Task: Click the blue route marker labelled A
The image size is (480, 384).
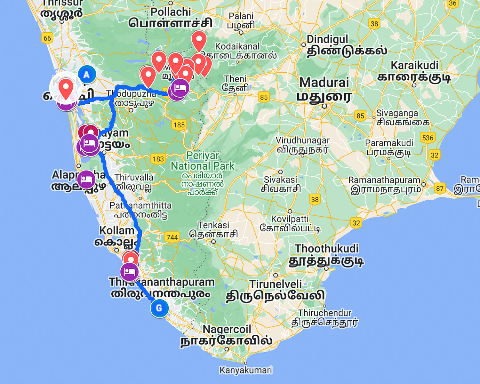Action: coord(87,75)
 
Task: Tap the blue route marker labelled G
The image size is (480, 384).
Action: coord(159,308)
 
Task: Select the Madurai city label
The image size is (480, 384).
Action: coord(324,83)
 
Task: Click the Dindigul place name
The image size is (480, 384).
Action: coord(327,39)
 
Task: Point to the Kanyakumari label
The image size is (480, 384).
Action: coord(245,370)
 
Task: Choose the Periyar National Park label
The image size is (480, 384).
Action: coord(203,161)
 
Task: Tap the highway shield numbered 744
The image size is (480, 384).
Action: coord(172,237)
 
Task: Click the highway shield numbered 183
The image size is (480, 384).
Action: coord(158,159)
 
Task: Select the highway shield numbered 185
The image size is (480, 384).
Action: coord(179,125)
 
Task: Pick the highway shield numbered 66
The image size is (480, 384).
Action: coord(47,38)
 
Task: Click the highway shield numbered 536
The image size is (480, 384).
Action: coord(428,138)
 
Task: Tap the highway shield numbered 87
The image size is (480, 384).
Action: coord(440,188)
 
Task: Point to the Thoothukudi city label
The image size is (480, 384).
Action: coord(326,249)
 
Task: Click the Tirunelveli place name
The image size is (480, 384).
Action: coord(276,284)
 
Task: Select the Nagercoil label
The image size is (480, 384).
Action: coord(227,329)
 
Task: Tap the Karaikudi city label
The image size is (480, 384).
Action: coord(414,66)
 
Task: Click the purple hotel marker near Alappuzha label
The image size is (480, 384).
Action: coord(86,179)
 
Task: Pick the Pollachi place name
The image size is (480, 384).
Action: coord(171,12)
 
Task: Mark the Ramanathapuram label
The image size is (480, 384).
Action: coord(384,180)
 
